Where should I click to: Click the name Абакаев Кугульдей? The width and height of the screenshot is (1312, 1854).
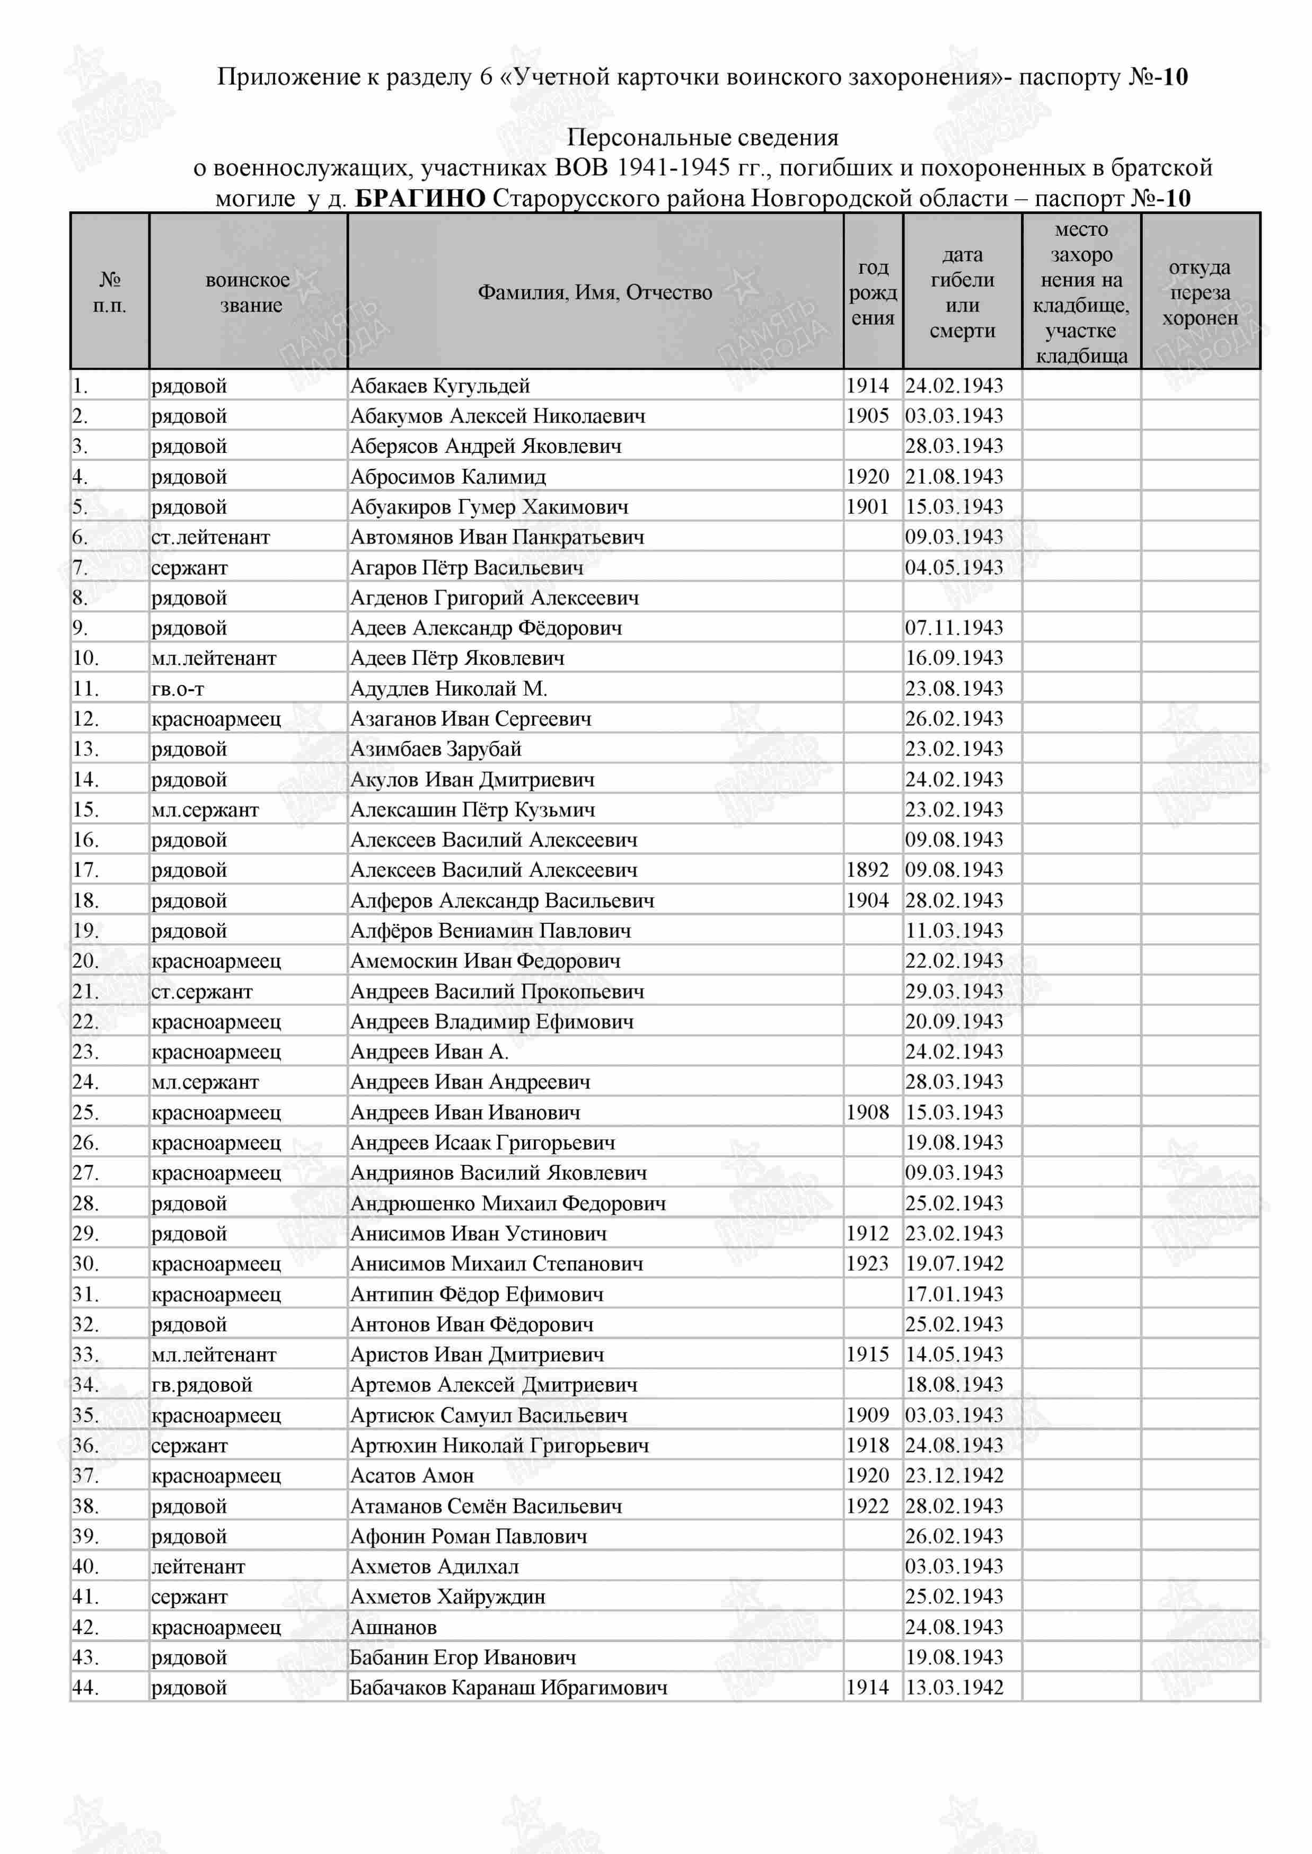(439, 386)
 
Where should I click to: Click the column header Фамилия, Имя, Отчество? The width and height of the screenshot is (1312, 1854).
(595, 292)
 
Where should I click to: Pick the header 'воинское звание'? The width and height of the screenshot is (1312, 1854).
(248, 292)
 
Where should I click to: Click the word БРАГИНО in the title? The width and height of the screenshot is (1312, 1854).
(420, 198)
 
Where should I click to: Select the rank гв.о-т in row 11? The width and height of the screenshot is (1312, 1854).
(178, 689)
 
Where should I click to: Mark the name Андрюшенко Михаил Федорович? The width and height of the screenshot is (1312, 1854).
(507, 1203)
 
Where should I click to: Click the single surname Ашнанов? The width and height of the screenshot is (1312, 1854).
(393, 1627)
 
